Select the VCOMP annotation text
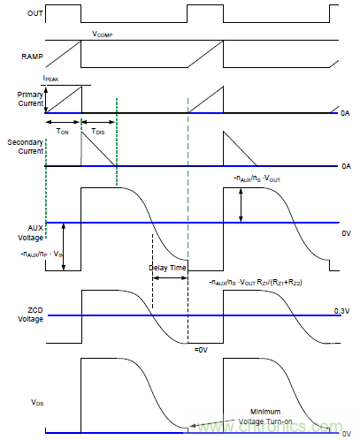105,35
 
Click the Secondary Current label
21,148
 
